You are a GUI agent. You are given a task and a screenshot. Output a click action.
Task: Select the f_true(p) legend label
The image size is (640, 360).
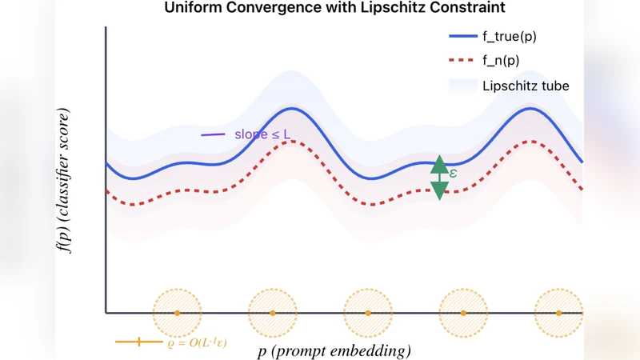coord(515,36)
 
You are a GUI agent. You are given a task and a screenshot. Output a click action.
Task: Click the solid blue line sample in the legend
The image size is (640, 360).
coord(462,36)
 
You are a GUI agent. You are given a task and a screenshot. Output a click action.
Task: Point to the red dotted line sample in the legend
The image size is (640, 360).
coord(462,60)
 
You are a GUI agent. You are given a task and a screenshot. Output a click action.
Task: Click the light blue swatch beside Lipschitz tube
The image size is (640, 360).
coord(462,86)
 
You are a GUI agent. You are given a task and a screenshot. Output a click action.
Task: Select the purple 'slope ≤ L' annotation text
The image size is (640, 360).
coord(262,134)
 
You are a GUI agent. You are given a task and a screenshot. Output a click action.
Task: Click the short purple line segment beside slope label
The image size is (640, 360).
coord(212,134)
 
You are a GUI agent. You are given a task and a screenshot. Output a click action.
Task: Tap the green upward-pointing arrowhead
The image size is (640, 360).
coord(439,165)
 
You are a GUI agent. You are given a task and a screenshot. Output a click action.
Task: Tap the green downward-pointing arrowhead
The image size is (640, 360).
coord(439,190)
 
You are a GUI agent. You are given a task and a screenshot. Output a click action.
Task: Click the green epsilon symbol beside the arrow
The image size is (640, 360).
coord(453,172)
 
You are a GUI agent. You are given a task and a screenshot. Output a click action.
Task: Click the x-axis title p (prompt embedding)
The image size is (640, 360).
coord(334,350)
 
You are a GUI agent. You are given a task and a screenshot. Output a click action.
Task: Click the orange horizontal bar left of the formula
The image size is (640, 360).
coord(138,342)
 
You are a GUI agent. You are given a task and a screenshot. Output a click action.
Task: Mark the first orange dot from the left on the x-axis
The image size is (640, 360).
coord(177,312)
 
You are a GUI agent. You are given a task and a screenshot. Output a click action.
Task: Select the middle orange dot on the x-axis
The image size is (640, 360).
coord(368,312)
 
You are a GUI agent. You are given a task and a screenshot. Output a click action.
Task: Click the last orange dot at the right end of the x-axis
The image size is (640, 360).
coord(558,312)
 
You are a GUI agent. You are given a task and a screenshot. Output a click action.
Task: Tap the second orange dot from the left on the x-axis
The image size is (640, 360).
coord(272,312)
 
